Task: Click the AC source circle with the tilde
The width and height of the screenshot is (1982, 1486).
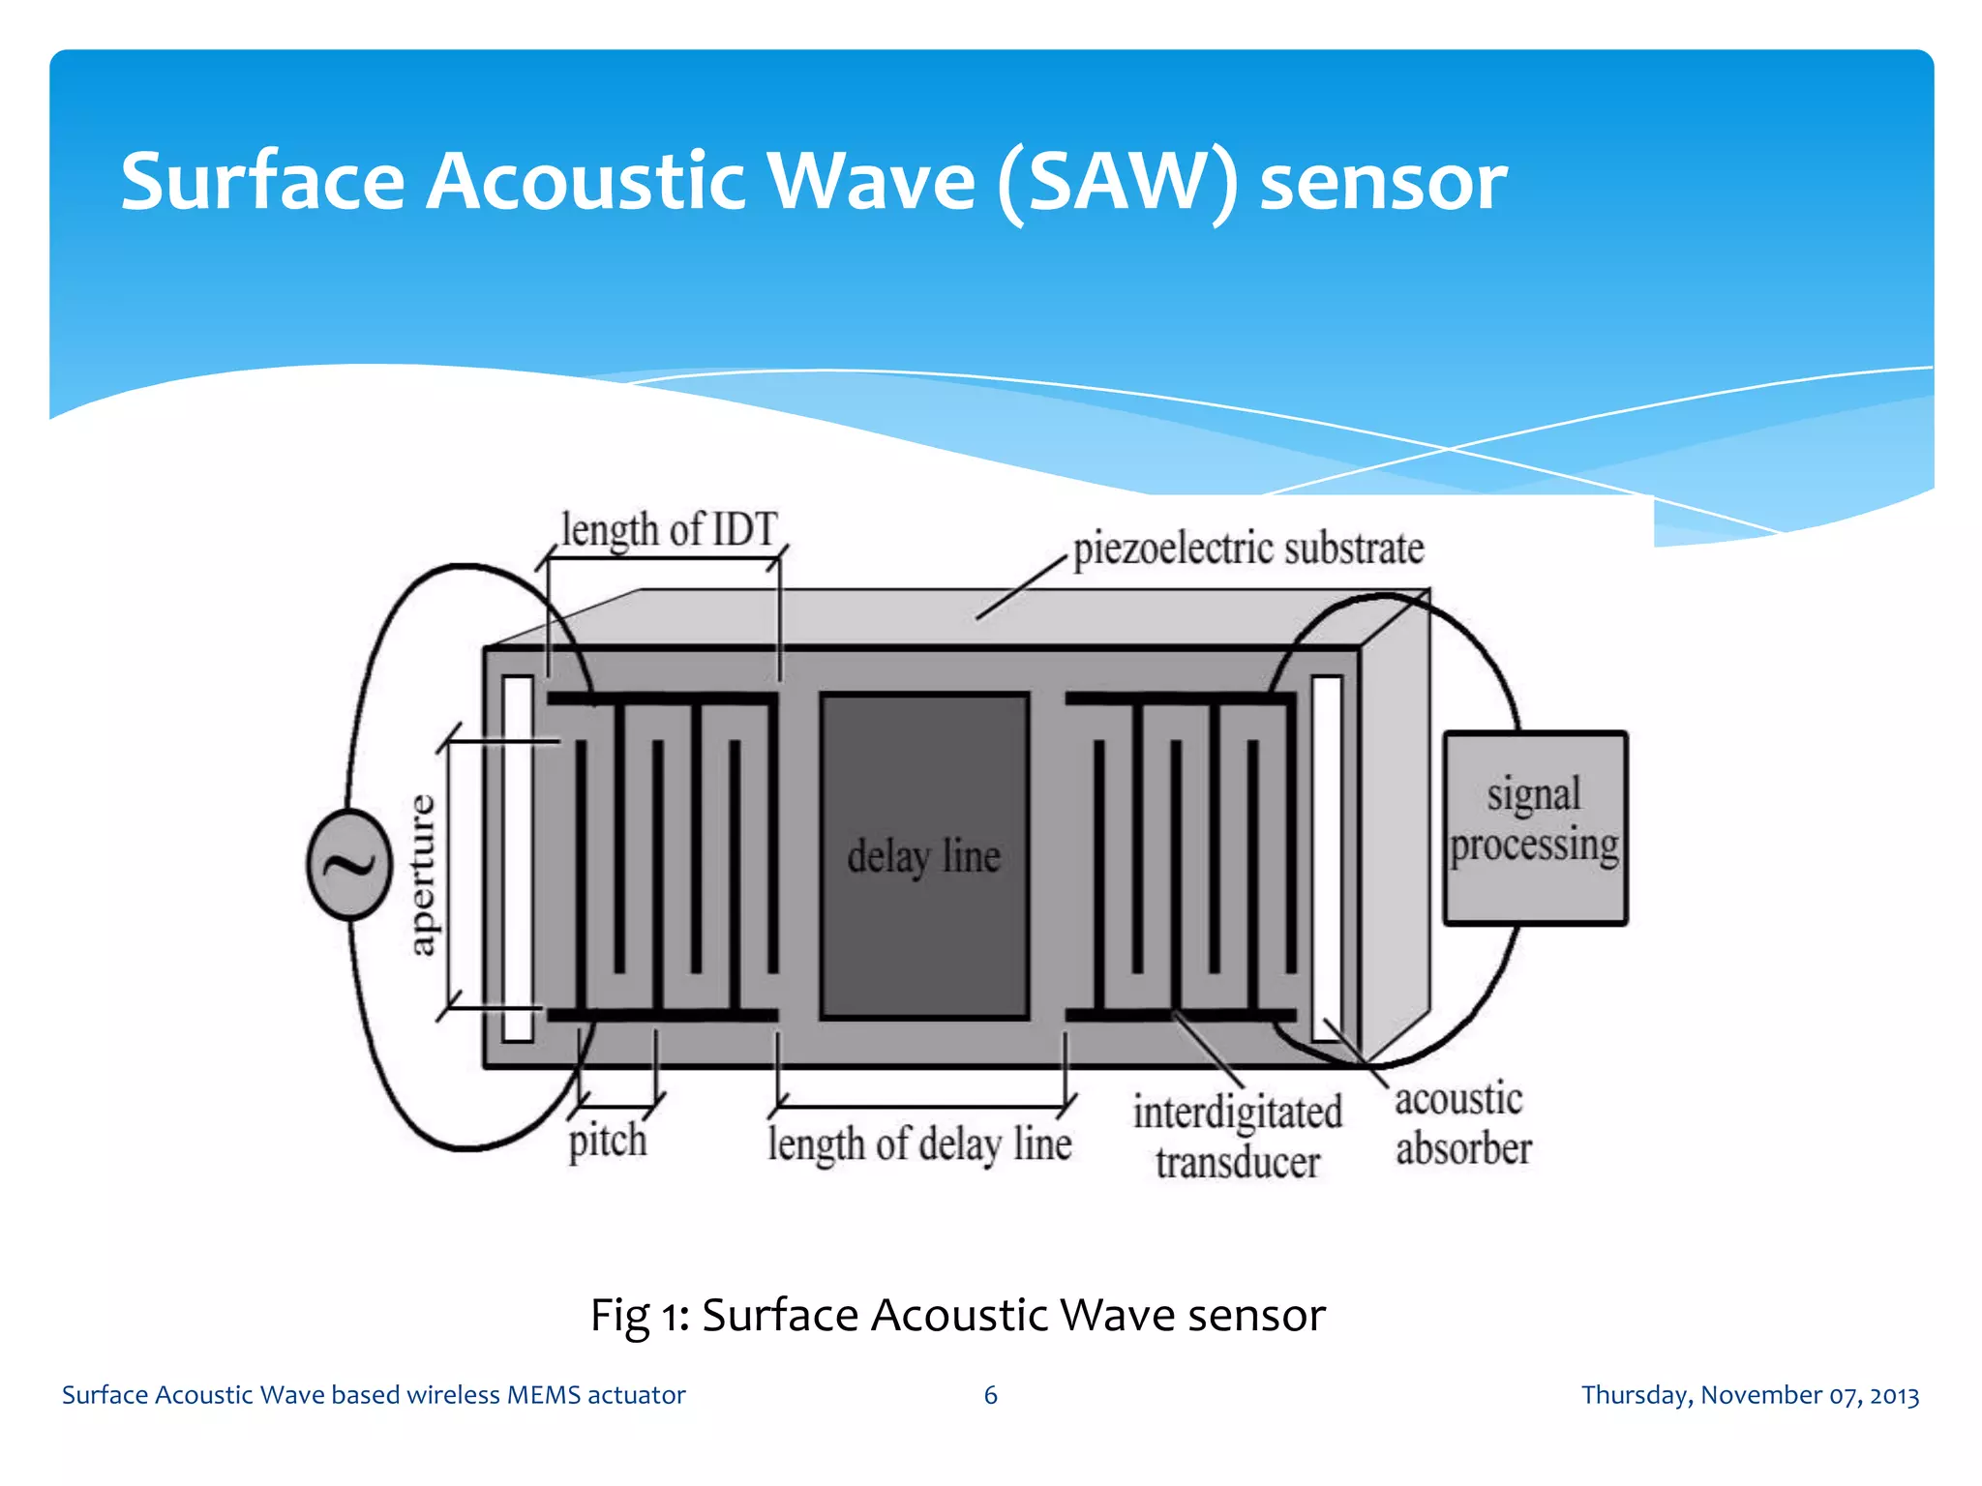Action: (x=349, y=864)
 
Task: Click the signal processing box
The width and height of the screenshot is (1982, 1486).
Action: (x=1534, y=828)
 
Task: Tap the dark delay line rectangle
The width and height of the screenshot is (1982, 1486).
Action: (x=923, y=856)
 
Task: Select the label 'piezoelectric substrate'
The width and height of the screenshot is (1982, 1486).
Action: (x=1248, y=549)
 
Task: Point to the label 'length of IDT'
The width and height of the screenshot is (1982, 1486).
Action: (x=669, y=530)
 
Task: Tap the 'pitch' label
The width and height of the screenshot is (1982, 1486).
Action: (x=607, y=1141)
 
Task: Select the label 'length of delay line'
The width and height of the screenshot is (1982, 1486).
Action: (x=919, y=1144)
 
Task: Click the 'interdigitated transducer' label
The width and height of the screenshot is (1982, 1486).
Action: (x=1237, y=1137)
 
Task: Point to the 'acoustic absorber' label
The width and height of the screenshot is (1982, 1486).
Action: (x=1462, y=1124)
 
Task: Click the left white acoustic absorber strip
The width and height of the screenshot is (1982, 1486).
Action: (x=518, y=859)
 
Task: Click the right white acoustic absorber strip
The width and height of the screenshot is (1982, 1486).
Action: (x=1327, y=859)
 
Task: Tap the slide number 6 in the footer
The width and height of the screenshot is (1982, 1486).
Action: (x=990, y=1395)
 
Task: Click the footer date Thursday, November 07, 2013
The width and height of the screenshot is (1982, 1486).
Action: (x=1750, y=1395)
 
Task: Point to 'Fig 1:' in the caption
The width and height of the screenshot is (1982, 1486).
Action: (x=639, y=1316)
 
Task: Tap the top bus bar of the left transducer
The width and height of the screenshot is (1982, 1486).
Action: (x=663, y=698)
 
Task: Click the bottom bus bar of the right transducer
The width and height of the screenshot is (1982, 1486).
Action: (x=1181, y=1015)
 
